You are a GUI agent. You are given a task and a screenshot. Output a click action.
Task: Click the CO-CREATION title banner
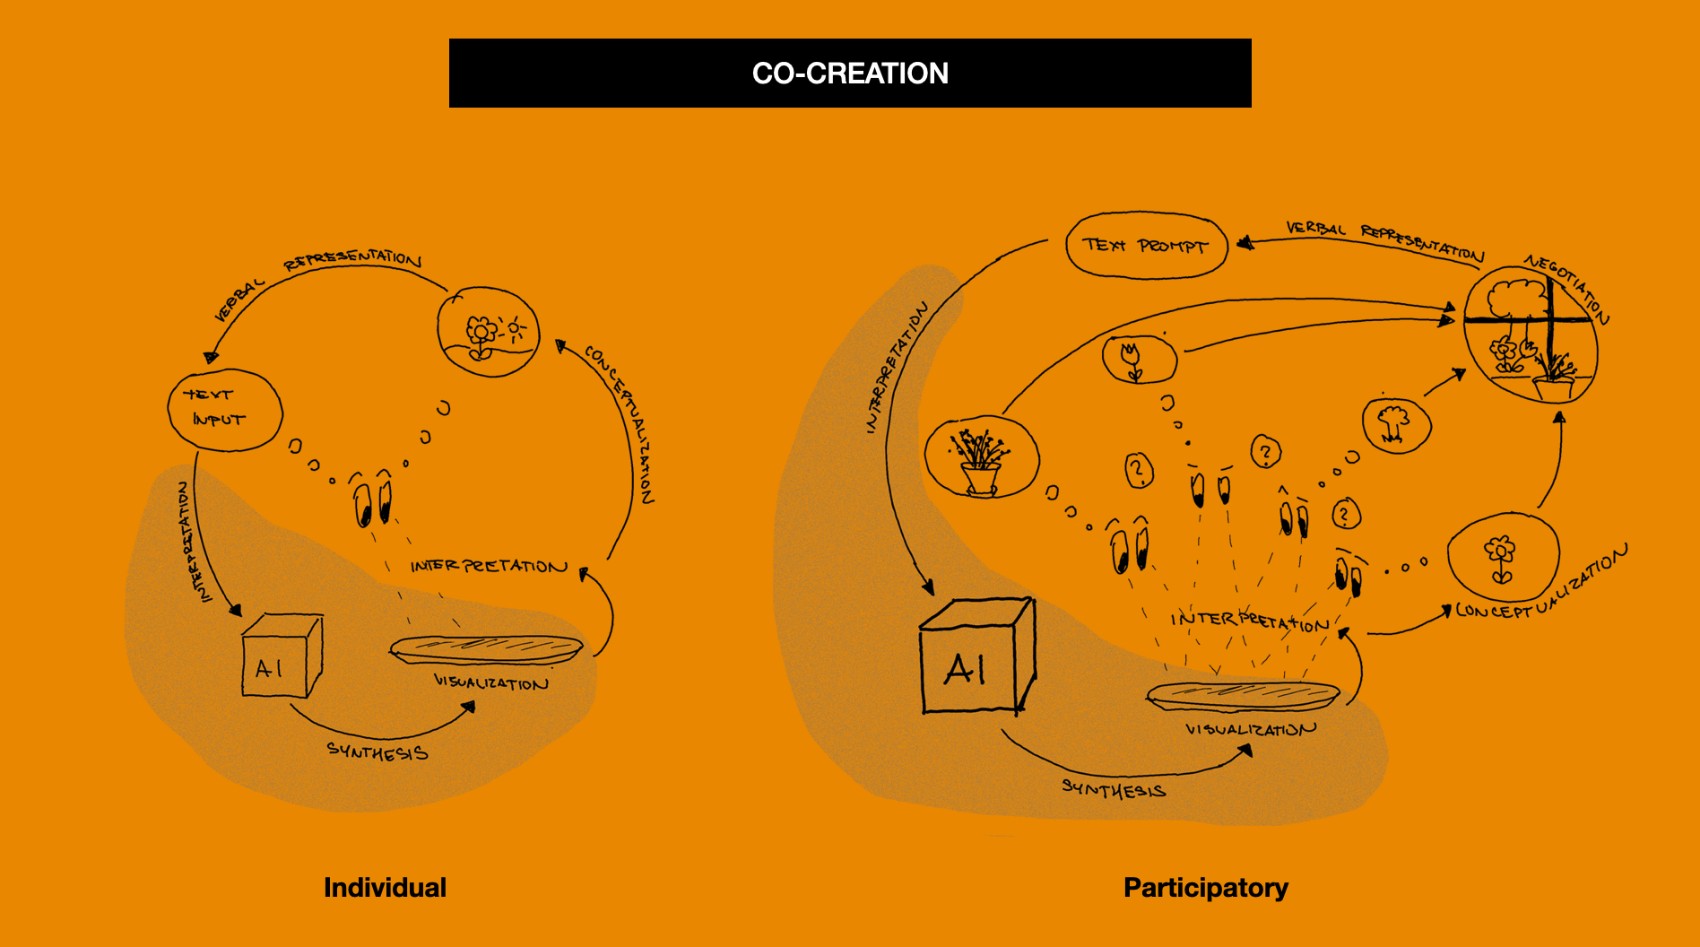tap(850, 73)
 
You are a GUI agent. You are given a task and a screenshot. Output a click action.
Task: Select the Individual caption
tap(385, 887)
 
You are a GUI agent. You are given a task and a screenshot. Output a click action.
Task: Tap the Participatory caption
tap(1205, 887)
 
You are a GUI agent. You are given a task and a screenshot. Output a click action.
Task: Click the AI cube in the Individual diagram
tap(280, 656)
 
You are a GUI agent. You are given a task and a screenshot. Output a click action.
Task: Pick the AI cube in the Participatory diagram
tap(976, 656)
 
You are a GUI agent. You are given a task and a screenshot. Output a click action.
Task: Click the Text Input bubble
tap(224, 409)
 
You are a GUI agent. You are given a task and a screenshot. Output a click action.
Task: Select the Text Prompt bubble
tap(1145, 245)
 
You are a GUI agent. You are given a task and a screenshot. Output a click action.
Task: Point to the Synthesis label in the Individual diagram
tap(377, 752)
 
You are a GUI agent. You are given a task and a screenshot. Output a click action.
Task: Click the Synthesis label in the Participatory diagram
tap(1114, 789)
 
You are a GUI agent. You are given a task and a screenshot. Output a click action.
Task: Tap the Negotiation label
tap(1567, 287)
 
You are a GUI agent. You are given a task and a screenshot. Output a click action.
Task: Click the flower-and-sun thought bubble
tap(489, 331)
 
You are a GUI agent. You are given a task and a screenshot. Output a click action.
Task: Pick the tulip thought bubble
tap(1139, 358)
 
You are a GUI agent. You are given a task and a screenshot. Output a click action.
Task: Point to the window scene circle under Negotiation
tap(1531, 338)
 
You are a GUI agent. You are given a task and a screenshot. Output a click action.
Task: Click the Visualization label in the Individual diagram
tap(490, 683)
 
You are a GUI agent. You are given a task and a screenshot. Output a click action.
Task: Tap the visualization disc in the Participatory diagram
tap(1243, 695)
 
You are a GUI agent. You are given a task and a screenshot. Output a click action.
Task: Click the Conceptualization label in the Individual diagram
tap(620, 421)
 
